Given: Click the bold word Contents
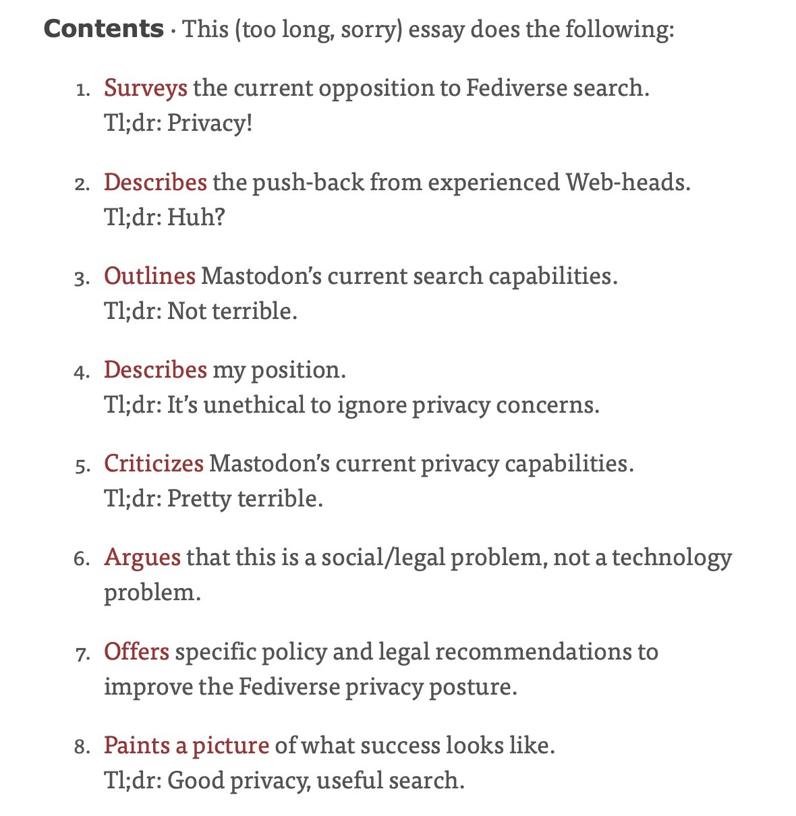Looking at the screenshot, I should click(103, 29).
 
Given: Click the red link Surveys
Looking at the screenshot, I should click(145, 88).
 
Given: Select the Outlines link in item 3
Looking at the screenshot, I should click(149, 276).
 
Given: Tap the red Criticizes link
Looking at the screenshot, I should click(153, 464).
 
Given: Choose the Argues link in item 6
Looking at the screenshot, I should click(142, 558).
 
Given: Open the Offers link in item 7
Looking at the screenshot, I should click(136, 652).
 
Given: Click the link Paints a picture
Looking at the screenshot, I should click(186, 746).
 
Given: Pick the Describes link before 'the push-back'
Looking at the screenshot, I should click(155, 183).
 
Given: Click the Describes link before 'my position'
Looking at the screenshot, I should click(155, 370).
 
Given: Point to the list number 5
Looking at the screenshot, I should click(82, 466).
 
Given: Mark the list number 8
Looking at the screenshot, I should click(82, 747).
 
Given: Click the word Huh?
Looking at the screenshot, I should click(196, 217).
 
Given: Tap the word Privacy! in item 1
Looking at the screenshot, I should click(209, 123).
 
